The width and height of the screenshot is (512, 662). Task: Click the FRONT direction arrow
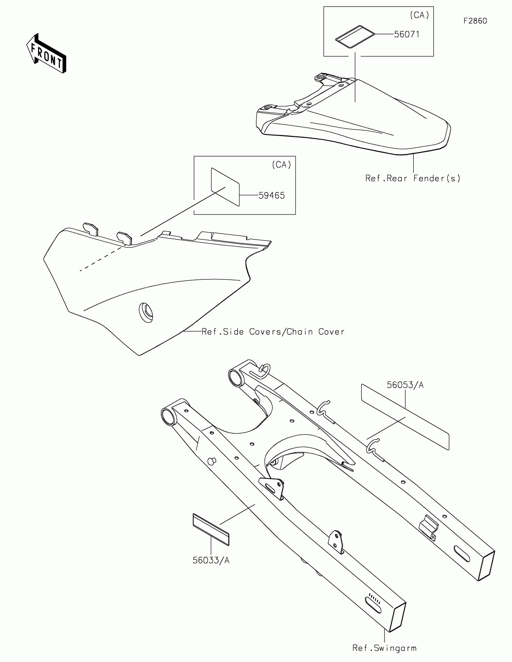[x=46, y=54]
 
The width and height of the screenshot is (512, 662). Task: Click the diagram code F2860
[x=475, y=21]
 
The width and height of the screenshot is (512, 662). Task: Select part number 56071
[x=407, y=34]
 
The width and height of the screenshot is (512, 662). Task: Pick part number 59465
[x=272, y=196]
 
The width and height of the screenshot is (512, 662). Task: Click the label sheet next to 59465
[x=225, y=187]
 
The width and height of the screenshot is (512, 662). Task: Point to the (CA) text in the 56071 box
[x=419, y=15]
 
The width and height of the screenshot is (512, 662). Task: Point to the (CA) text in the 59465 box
[x=281, y=165]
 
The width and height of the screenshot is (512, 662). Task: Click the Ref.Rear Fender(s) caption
[x=413, y=178]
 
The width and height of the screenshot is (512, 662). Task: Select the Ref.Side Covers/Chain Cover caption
[x=273, y=332]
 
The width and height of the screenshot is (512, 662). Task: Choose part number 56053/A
[x=405, y=385]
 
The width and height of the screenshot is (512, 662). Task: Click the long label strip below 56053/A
[x=405, y=417]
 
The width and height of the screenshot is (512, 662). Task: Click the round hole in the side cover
[x=146, y=312]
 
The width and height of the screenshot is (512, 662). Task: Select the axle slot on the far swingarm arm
[x=461, y=554]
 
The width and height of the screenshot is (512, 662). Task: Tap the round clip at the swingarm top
[x=265, y=371]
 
